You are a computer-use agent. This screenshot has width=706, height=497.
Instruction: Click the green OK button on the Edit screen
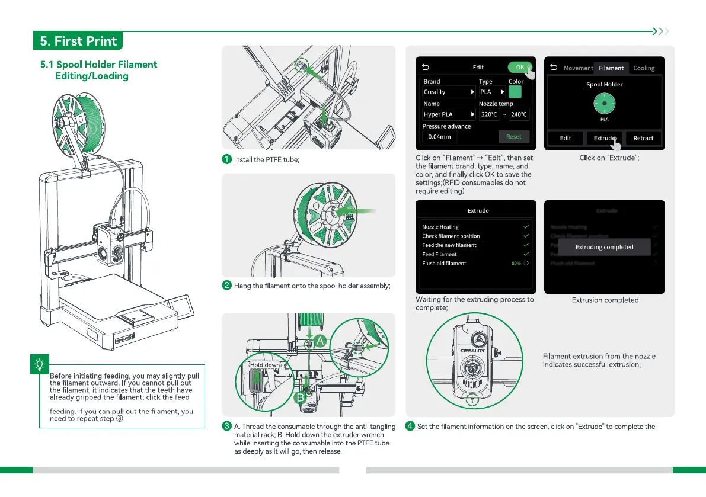tap(519, 67)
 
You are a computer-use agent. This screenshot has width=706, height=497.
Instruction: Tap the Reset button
tap(513, 137)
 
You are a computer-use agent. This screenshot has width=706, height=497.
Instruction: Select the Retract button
tap(643, 138)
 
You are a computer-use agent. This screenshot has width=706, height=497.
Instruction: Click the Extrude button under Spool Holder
tap(605, 138)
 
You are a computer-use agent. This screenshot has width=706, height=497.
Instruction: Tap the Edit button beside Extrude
tap(566, 138)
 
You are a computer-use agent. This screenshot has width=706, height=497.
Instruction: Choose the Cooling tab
tap(644, 68)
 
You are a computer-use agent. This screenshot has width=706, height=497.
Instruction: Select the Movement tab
tap(578, 68)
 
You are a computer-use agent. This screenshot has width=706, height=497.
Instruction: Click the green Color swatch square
tap(516, 92)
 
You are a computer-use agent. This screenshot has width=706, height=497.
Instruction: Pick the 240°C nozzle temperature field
tap(519, 114)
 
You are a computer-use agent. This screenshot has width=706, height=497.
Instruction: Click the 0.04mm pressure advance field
tap(439, 137)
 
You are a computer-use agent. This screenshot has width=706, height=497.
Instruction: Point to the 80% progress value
tap(516, 263)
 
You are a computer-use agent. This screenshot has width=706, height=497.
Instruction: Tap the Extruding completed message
tap(605, 247)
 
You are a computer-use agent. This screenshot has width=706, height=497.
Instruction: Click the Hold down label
tap(264, 365)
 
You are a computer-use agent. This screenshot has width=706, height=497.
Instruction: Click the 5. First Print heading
tap(78, 41)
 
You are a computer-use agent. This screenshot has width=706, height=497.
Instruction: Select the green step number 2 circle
tap(226, 286)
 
